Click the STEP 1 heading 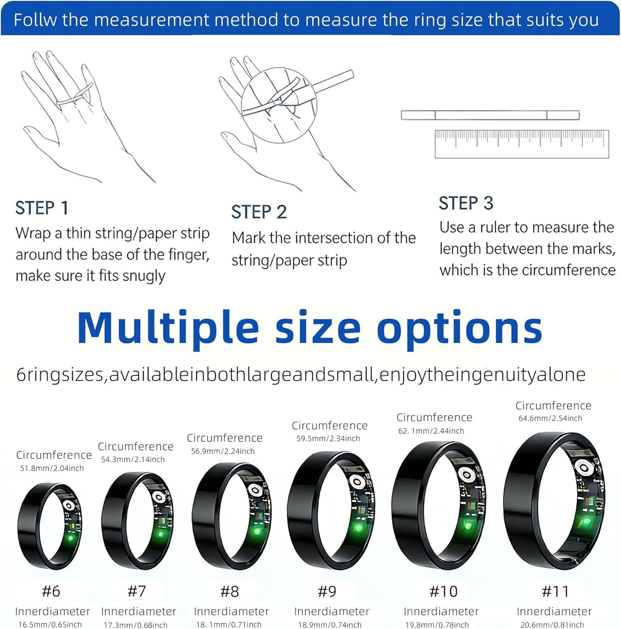click(x=42, y=208)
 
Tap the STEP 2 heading click(x=259, y=212)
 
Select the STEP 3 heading click(x=466, y=203)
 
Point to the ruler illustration click(x=522, y=144)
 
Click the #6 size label click(x=51, y=591)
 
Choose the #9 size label click(x=327, y=591)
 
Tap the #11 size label click(x=555, y=591)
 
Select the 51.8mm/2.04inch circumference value click(x=52, y=468)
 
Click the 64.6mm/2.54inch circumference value click(x=550, y=418)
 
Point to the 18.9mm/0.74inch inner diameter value click(x=330, y=625)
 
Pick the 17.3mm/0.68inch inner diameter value click(x=135, y=625)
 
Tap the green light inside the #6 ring click(x=71, y=537)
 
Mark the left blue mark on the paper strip click(x=435, y=115)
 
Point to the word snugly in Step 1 click(x=144, y=276)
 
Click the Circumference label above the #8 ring click(x=224, y=438)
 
